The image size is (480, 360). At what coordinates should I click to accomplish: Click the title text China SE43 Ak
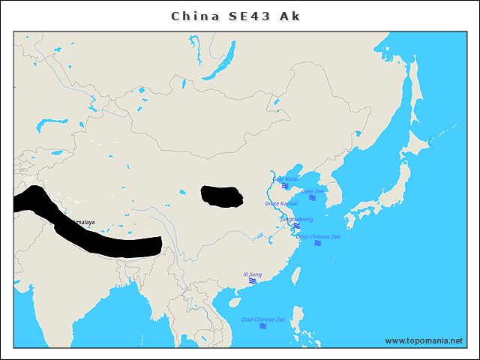(236, 16)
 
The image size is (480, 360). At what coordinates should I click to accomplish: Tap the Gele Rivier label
(286, 179)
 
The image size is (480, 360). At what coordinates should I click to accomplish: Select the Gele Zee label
(313, 191)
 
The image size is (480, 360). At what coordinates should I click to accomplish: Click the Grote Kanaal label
(281, 203)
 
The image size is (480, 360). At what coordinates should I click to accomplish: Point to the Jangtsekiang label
(297, 219)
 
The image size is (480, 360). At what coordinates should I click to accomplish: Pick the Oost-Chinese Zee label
(318, 236)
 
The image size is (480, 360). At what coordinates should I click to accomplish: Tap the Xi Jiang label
(253, 274)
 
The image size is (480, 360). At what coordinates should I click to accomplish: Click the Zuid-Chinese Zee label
(263, 319)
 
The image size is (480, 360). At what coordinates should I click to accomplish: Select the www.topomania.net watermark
(424, 340)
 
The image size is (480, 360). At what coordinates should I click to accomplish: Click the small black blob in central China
(222, 196)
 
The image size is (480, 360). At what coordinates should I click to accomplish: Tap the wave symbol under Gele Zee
(312, 198)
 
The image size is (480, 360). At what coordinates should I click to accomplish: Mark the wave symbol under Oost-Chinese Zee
(318, 243)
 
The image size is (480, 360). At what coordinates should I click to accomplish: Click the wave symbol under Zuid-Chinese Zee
(263, 326)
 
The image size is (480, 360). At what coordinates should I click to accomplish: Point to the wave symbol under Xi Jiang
(253, 281)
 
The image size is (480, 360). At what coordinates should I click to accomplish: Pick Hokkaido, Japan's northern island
(420, 143)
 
